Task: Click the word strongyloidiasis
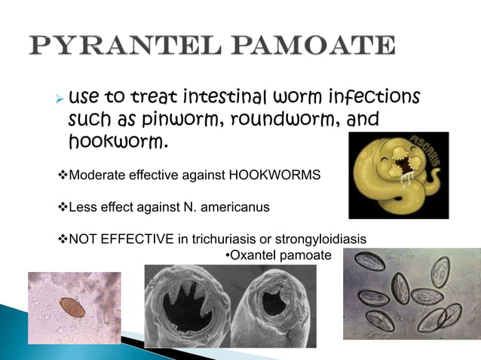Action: [x=321, y=239]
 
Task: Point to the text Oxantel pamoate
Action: [x=278, y=256]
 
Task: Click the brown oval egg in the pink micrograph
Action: [x=71, y=307]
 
